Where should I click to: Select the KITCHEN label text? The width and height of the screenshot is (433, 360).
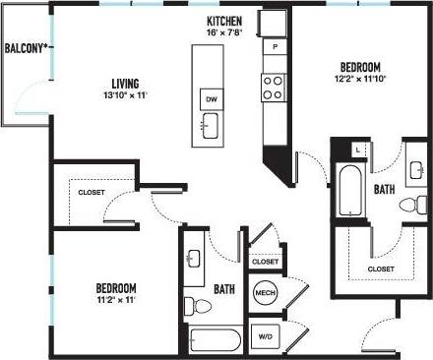click(225, 22)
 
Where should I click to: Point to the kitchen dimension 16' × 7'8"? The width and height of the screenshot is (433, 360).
click(225, 33)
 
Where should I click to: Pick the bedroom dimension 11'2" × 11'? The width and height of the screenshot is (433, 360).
click(115, 300)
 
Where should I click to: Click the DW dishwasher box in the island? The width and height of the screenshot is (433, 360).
click(211, 98)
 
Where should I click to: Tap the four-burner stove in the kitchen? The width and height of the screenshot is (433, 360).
click(274, 88)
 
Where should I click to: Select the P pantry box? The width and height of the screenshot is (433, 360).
click(275, 47)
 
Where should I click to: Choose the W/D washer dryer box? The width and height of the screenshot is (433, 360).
click(265, 336)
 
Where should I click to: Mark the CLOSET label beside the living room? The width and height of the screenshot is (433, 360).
click(93, 193)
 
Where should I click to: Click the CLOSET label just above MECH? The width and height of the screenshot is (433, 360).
click(265, 262)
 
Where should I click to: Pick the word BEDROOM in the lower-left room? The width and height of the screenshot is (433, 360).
click(115, 288)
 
